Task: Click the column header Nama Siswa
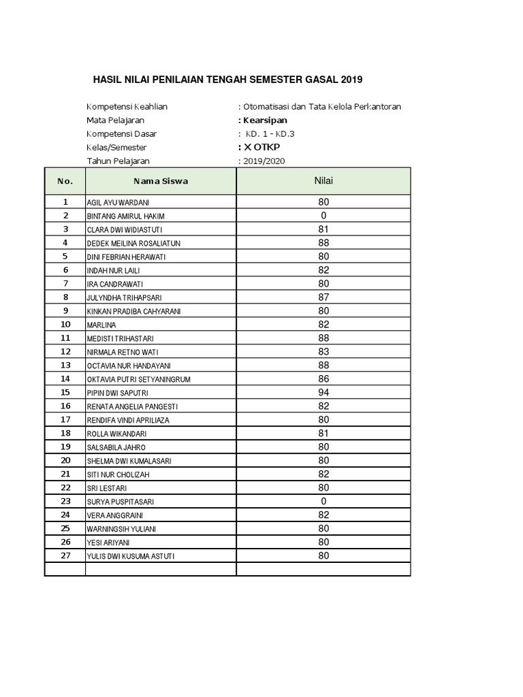point(161,181)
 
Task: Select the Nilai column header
point(323,180)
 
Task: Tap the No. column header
point(65,181)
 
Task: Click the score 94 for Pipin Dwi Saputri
point(323,393)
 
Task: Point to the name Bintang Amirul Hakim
point(121,216)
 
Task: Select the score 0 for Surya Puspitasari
point(323,502)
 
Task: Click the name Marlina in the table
point(101,325)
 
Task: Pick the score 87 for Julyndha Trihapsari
point(323,297)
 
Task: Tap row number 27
point(65,555)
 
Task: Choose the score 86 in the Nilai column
point(323,379)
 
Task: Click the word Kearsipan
point(263,120)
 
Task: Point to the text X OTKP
point(262,147)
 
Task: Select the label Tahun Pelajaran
point(118,161)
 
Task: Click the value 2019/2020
point(264,161)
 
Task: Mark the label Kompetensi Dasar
point(121,133)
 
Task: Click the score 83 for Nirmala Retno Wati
point(323,352)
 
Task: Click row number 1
point(65,202)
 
